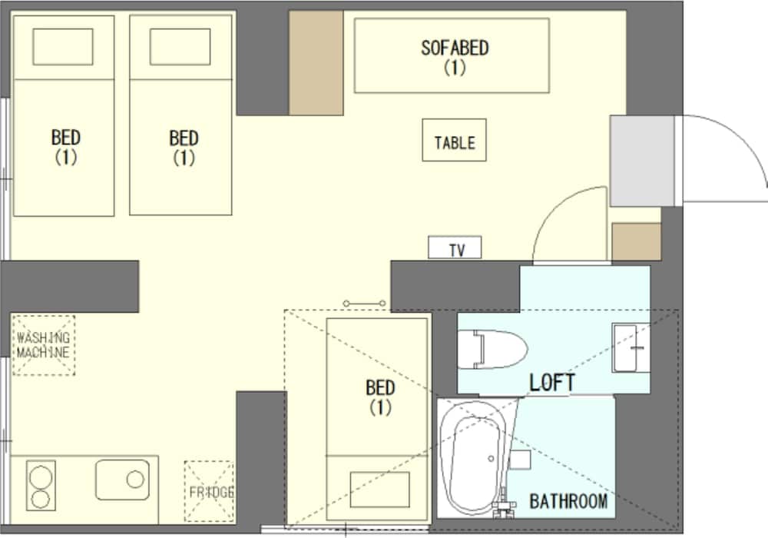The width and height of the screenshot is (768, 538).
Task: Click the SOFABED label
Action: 455,48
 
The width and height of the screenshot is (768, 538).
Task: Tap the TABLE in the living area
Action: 454,140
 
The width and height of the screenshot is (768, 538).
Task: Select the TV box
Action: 455,247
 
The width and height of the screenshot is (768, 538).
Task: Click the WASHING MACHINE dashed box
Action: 44,345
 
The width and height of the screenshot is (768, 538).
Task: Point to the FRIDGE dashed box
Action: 209,491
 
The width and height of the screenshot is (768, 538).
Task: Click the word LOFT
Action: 552,383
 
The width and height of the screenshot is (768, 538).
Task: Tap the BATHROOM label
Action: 568,501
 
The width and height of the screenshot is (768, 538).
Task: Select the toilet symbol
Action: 492,350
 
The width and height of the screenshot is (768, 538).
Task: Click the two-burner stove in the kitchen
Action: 41,486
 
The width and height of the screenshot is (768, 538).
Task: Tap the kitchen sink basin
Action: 122,480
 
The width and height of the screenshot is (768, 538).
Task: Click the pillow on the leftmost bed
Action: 63,47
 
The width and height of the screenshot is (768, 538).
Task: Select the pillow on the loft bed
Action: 379,490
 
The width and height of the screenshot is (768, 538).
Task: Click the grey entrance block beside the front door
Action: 641,161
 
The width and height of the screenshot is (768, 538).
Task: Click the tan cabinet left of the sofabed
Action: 316,63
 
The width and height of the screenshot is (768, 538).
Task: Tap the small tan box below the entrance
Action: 636,242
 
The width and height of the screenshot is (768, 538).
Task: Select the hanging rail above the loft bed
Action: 364,304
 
